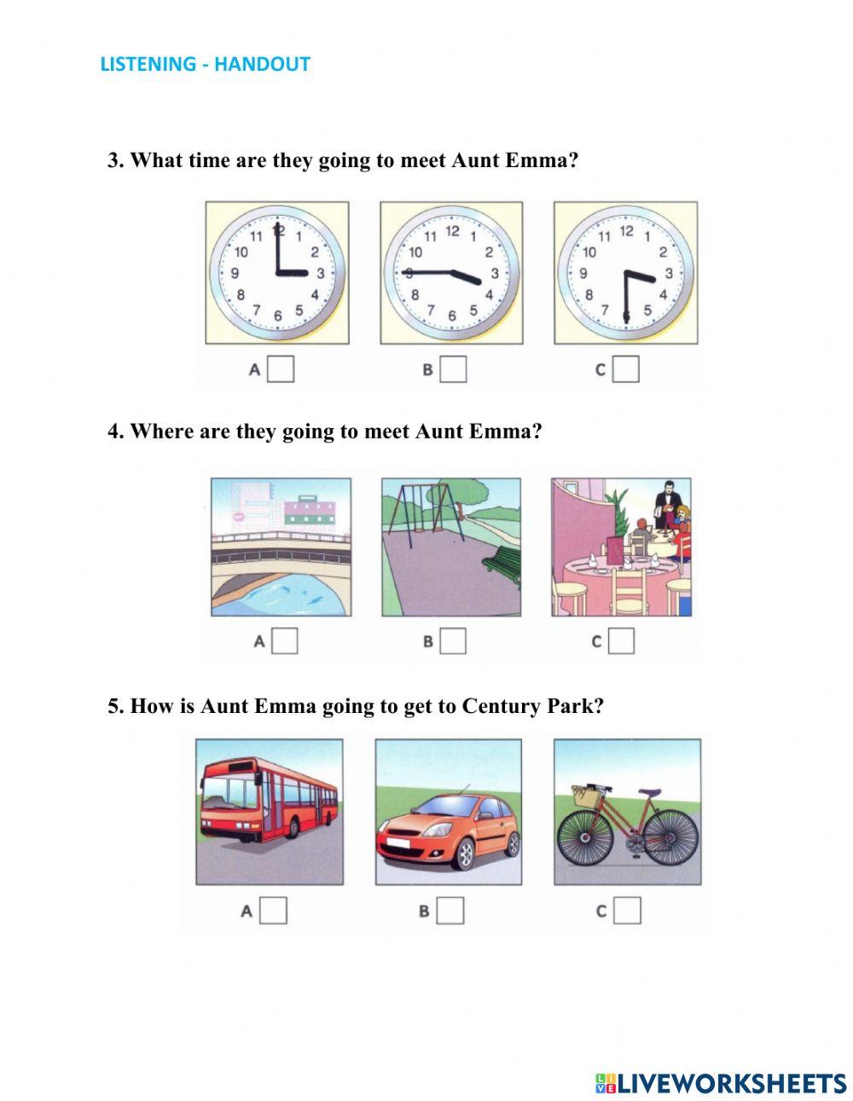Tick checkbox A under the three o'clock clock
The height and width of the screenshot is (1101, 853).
280,369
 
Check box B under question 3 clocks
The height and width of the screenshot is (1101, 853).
453,369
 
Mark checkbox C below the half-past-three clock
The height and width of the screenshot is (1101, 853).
625,369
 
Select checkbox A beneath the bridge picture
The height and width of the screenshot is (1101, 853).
284,641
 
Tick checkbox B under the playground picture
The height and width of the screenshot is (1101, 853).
453,641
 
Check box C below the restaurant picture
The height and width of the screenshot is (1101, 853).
621,641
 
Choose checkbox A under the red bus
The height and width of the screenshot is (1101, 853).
273,911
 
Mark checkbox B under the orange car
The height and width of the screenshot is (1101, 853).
450,911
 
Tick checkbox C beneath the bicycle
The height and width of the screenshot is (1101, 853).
627,911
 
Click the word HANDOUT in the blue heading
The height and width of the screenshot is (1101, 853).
262,64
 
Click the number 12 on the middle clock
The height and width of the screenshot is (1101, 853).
452,232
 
